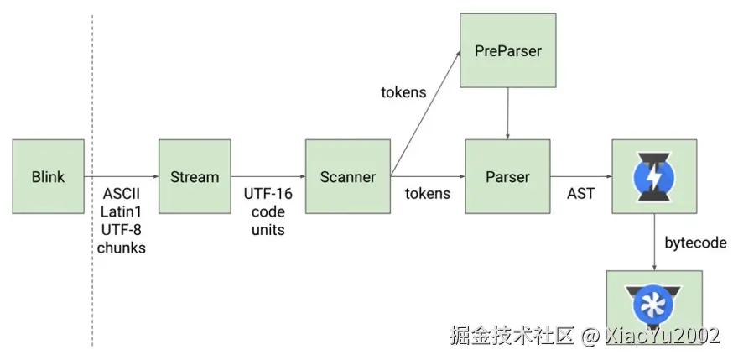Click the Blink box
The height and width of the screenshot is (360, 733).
[x=48, y=177]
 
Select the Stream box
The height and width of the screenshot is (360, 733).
[x=194, y=177]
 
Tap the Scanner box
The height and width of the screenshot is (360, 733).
[x=347, y=177]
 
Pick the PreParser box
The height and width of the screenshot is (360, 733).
[x=507, y=51]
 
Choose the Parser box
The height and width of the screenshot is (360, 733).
[x=507, y=177]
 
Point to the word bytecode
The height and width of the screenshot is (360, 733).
[x=695, y=242]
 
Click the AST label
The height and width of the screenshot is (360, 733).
[x=580, y=194]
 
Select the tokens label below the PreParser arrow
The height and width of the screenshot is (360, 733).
[x=403, y=91]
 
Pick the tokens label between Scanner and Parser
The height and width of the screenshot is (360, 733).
[x=427, y=194]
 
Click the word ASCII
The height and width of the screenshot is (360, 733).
[x=121, y=193]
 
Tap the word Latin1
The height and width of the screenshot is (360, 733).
[x=121, y=211]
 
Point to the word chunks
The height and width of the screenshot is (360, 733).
[x=121, y=247]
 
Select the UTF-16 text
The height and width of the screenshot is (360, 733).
[x=267, y=194]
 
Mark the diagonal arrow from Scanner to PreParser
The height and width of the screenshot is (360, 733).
[x=425, y=114]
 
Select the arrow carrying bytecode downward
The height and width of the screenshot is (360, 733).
[x=654, y=243]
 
